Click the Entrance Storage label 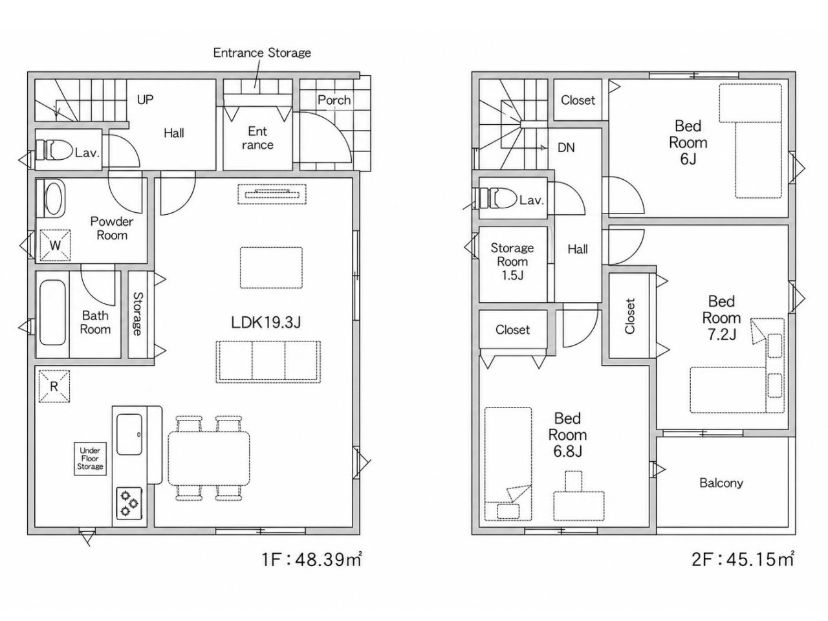click(x=262, y=53)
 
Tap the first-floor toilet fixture click(x=54, y=149)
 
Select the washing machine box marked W click(x=55, y=245)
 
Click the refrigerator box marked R click(x=54, y=386)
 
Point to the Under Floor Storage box click(x=90, y=459)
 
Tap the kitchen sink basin click(x=129, y=434)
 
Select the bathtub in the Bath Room click(x=52, y=312)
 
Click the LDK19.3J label click(x=266, y=322)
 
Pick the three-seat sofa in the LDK click(x=268, y=362)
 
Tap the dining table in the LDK click(x=209, y=458)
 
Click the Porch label click(x=334, y=100)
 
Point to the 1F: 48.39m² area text click(x=312, y=560)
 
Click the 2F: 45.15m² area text click(x=743, y=560)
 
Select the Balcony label click(x=721, y=483)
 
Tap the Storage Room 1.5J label click(x=512, y=261)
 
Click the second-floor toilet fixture click(x=498, y=198)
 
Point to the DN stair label click(x=566, y=147)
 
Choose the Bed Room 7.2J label click(x=721, y=318)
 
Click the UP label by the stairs click(x=146, y=100)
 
